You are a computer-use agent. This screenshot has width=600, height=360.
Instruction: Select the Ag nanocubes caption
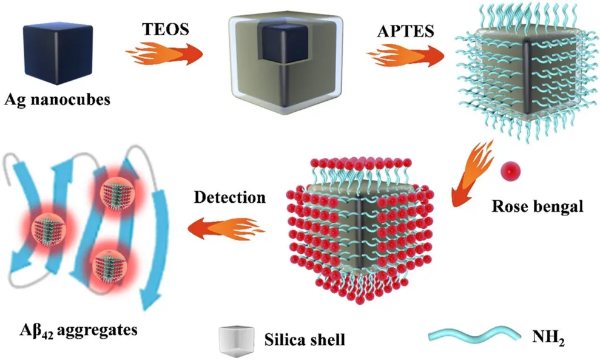point(58,98)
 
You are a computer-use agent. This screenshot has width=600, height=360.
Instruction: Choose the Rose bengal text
point(536,206)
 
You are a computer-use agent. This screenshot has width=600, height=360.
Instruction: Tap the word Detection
point(230,198)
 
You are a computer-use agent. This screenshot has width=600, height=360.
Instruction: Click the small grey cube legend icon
point(238,339)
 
